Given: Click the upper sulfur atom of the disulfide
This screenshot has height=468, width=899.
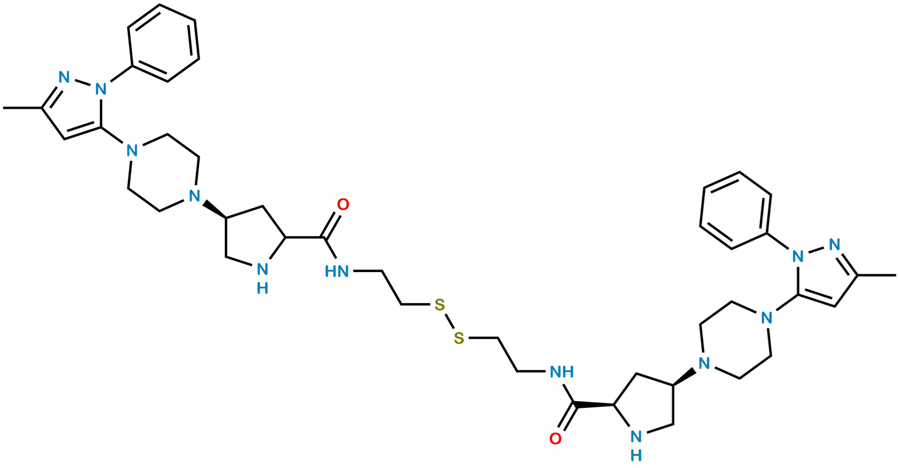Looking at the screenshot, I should point(440,304).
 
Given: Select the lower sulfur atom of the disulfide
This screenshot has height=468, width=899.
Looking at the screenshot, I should point(459,338).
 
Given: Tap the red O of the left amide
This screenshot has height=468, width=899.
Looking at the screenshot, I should point(343,204).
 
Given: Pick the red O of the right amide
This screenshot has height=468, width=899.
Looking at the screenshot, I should point(555,438).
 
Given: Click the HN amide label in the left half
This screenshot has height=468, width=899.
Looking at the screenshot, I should point(337,272).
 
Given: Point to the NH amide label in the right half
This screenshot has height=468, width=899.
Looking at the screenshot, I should point(562,372).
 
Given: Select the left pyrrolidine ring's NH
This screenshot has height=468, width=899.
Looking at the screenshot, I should point(262,276).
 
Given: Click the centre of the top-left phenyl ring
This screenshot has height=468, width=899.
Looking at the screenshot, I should point(163,43).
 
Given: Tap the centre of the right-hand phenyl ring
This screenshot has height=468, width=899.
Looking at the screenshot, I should point(736,210).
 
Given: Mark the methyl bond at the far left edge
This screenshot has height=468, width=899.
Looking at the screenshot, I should point(22,108).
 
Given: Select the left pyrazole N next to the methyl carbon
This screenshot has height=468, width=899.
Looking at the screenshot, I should point(64,77).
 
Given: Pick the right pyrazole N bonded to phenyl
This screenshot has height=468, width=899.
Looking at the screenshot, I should point(798,256).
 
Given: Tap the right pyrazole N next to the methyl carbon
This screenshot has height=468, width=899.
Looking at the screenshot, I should point(834,245).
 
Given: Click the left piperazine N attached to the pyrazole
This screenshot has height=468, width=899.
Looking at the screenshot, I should point(132,150).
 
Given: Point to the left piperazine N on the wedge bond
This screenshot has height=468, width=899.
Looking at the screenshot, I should point(194,196).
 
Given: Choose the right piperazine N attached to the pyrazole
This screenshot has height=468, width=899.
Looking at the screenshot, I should point(766,317).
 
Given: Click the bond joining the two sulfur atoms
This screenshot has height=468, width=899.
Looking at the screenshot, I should point(449,321).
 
